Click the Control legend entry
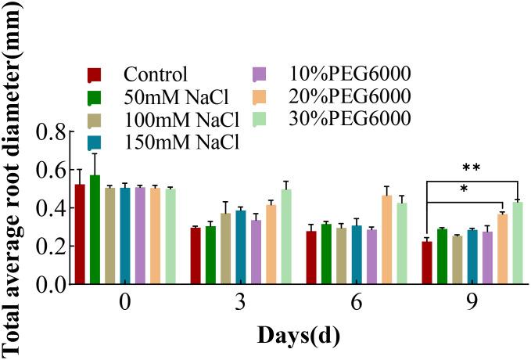pyautogui.click(x=155, y=76)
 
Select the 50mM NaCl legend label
pyautogui.click(x=168, y=98)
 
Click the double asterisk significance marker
pyautogui.click(x=472, y=168)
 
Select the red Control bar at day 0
pyautogui.click(x=101, y=235)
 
